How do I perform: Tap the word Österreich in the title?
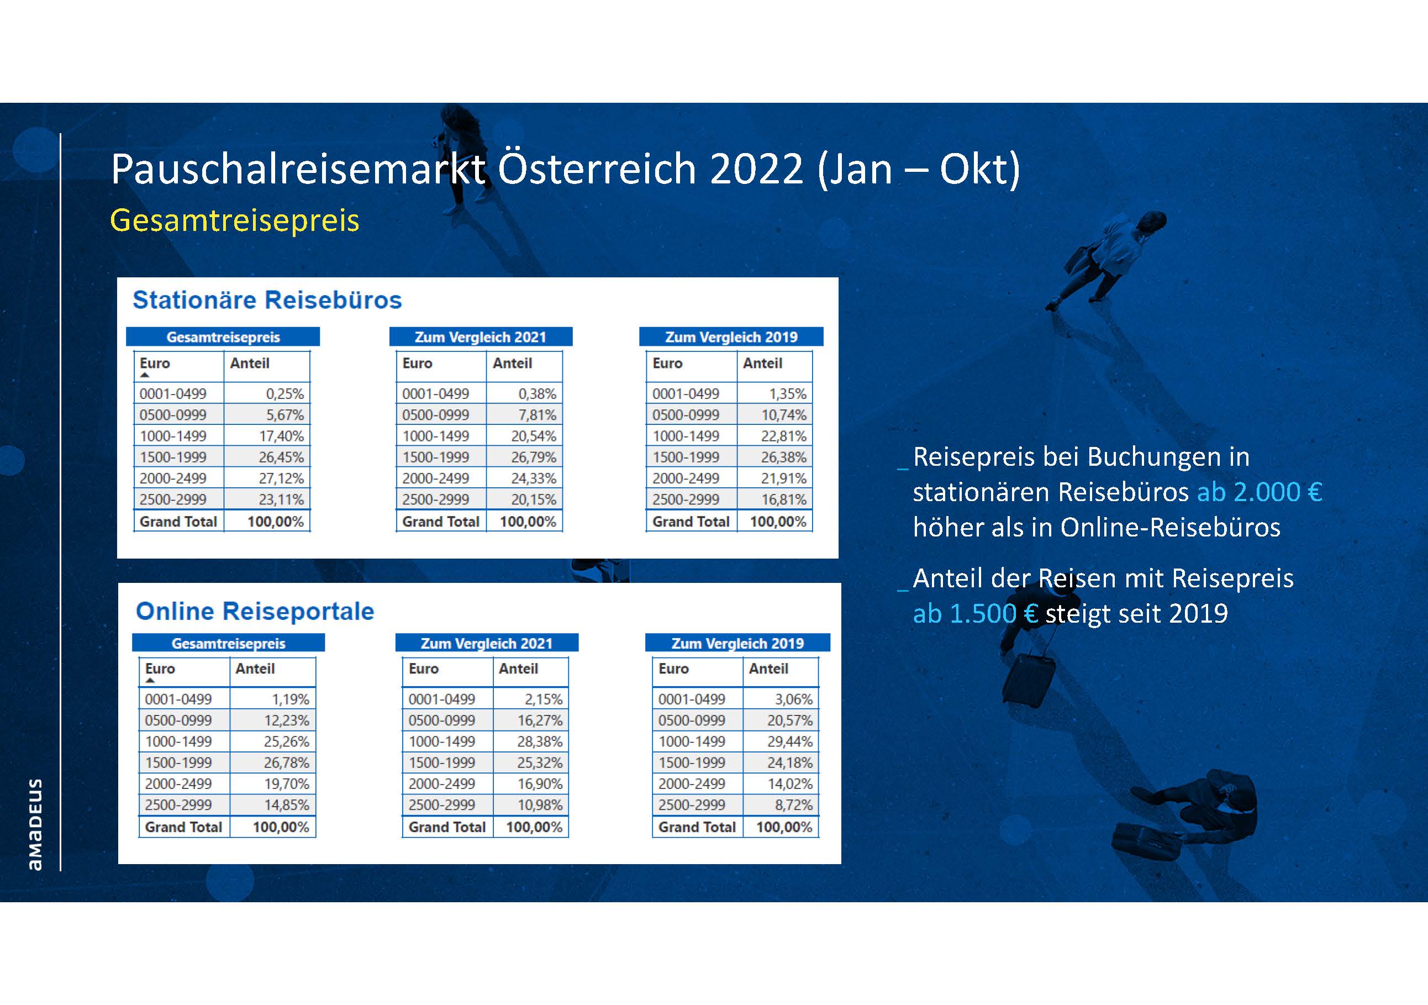(597, 169)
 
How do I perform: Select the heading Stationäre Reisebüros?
(267, 300)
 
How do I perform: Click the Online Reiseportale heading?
(255, 611)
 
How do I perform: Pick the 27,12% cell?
(281, 478)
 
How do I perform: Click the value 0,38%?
(538, 394)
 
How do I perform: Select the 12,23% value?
(286, 720)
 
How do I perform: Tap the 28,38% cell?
(540, 741)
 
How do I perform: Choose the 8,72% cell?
(794, 805)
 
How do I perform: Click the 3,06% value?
(794, 699)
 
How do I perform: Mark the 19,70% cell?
(286, 783)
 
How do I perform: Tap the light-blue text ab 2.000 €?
(1260, 492)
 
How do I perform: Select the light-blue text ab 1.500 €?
(974, 614)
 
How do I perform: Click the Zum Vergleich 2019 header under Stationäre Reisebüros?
(731, 337)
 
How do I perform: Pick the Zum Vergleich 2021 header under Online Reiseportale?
(487, 643)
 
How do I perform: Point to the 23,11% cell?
(281, 499)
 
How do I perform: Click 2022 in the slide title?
(757, 169)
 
